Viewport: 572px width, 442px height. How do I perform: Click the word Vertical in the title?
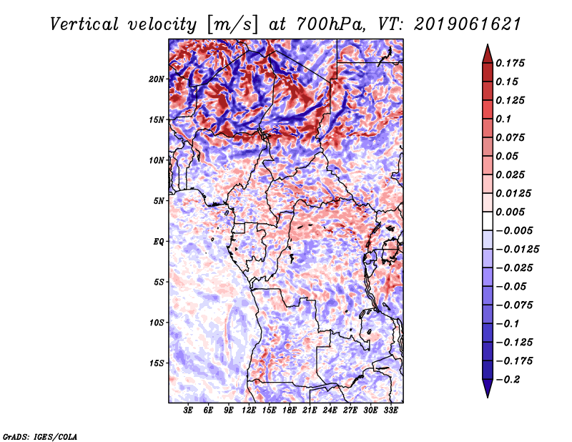tap(84, 24)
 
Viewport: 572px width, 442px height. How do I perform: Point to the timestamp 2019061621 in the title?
tap(468, 24)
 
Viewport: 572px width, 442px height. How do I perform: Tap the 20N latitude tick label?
tap(157, 79)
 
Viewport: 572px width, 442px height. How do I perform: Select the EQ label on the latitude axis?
tap(159, 242)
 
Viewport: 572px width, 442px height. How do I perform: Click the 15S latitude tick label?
tap(157, 363)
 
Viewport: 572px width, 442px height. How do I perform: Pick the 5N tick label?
tap(159, 201)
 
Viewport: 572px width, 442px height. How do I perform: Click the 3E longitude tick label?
tap(188, 411)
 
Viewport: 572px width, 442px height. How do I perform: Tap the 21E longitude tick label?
tap(310, 411)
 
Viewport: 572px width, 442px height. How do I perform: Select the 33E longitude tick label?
tap(390, 411)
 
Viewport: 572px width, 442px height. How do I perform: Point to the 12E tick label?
tap(248, 411)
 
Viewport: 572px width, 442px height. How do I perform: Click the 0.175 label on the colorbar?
tap(510, 63)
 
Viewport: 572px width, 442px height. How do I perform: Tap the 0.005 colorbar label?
tap(510, 212)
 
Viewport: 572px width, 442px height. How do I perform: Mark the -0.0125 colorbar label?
tap(517, 250)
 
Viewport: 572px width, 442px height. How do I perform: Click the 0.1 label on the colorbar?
tap(503, 119)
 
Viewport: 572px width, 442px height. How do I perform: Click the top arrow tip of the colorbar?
tap(488, 44)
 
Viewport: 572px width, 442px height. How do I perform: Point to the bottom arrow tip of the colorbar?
tap(488, 397)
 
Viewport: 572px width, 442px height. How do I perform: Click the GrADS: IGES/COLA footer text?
tap(40, 437)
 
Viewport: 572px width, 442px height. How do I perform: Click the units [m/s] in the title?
tap(232, 24)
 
